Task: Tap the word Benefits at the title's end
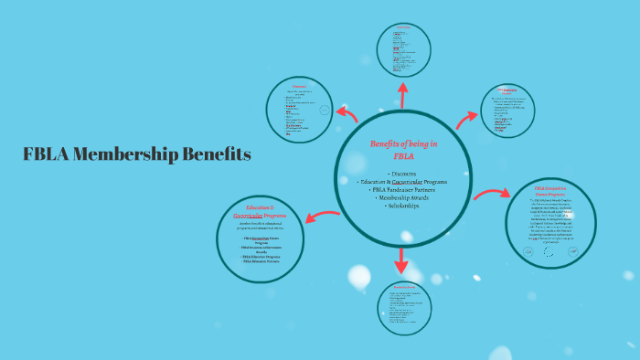[217, 154]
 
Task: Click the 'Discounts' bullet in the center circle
[403, 173]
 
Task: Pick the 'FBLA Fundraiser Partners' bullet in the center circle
[403, 189]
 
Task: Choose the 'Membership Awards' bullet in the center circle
[403, 197]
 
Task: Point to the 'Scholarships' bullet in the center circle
[403, 206]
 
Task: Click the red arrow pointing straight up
[402, 92]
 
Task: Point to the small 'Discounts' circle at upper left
[299, 111]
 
